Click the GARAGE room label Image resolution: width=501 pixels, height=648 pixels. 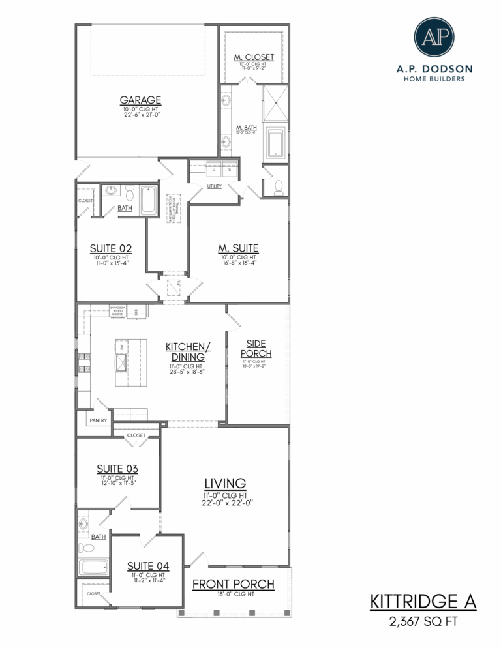coord(140,100)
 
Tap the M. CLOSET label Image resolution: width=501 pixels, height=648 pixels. coord(254,57)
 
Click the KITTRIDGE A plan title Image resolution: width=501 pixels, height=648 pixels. coord(423,602)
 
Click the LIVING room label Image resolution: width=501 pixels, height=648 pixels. coord(225,483)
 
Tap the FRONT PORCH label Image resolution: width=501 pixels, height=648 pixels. coord(233,584)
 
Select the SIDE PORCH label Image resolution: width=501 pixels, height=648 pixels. coord(259,348)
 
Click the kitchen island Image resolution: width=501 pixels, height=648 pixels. coord(128,362)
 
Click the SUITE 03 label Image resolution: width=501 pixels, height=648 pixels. coord(117,469)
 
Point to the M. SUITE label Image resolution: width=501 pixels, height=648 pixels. coord(238,248)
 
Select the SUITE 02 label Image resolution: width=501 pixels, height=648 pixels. coord(110,248)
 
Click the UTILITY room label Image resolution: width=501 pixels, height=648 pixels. coord(215,186)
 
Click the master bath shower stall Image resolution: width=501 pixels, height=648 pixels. coord(275,103)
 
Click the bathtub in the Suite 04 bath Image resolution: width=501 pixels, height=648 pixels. coord(93,567)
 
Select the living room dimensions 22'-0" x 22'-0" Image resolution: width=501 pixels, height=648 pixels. coord(226,503)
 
